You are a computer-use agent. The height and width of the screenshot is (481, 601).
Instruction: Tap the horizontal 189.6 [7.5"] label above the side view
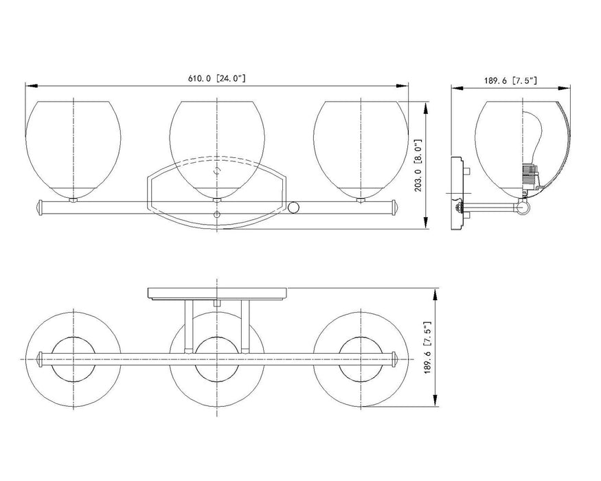510,80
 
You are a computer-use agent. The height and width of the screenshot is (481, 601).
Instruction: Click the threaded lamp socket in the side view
530,177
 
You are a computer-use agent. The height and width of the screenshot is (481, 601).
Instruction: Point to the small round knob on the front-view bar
295,206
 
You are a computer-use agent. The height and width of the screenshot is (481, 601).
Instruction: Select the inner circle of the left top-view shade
73,359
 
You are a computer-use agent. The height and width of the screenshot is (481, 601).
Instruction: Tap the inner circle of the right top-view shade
360,359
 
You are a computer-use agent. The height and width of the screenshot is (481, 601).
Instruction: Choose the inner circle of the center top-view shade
217,359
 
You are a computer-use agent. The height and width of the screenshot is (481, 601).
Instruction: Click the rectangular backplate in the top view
217,293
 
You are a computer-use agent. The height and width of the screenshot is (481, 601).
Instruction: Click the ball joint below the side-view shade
523,207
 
